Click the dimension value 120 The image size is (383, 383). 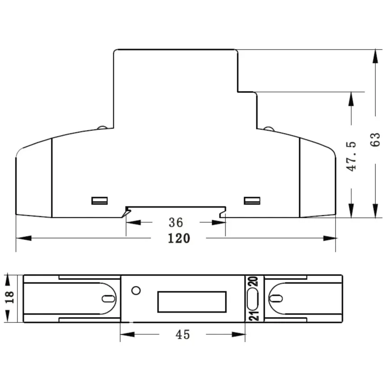[x=179, y=238]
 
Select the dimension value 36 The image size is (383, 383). [x=176, y=223]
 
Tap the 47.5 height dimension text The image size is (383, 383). [x=352, y=156]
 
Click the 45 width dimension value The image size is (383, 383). [x=182, y=335]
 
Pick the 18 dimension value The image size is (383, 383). [x=10, y=297]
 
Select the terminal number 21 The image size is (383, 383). [x=254, y=316]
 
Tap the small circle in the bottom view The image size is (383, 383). [x=136, y=291]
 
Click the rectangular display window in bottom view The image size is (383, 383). [x=192, y=302]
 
